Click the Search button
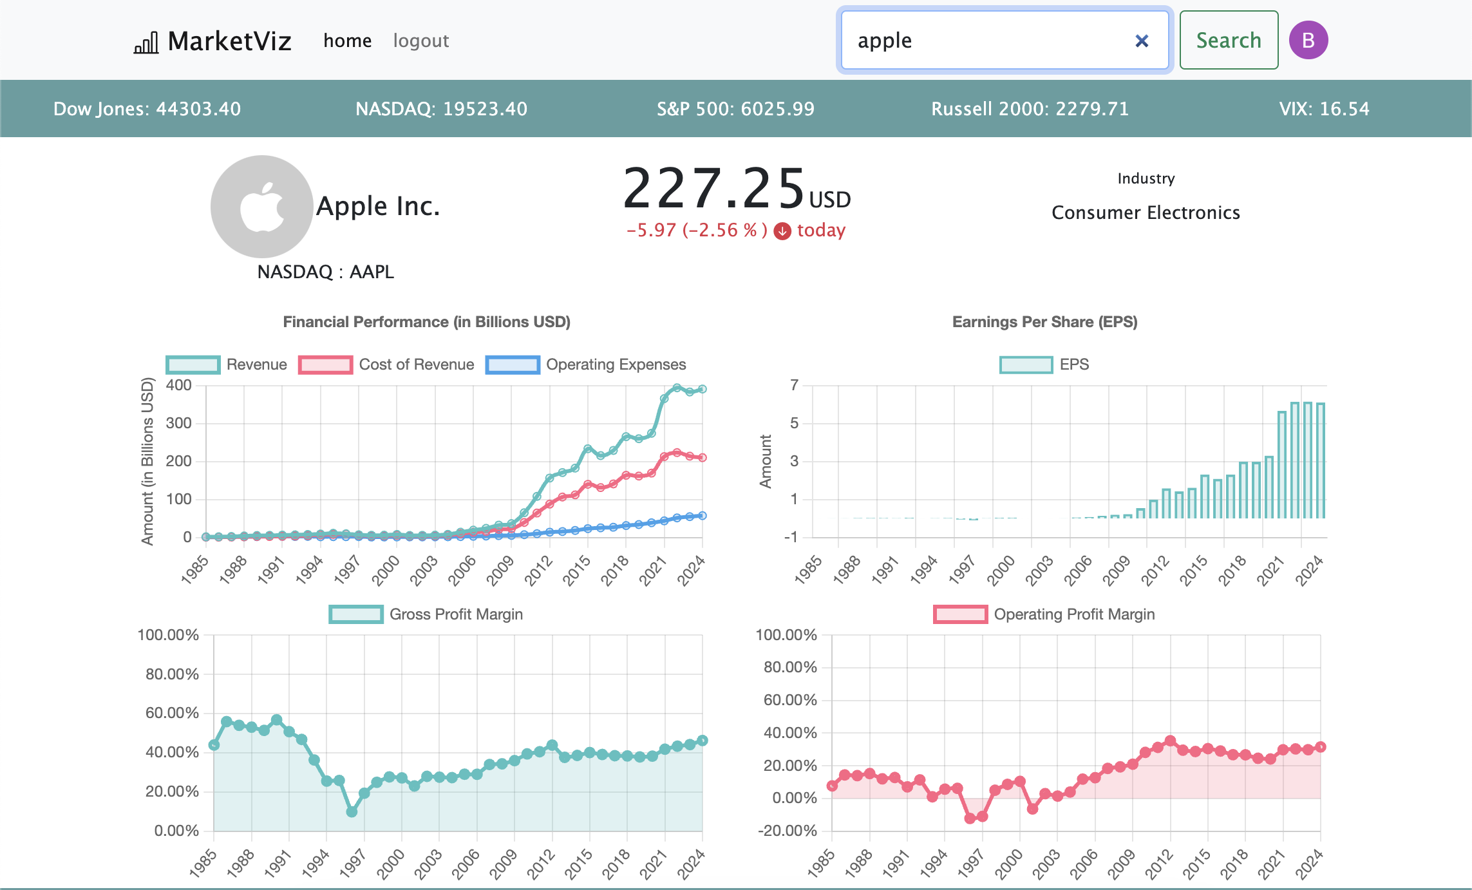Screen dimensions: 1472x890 coord(1229,40)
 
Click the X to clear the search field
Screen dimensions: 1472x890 coord(1142,41)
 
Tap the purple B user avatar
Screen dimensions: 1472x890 coord(1308,40)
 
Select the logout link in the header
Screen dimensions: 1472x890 coord(421,41)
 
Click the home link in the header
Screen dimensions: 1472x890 coord(348,41)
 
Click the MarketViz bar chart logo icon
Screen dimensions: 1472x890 coord(146,43)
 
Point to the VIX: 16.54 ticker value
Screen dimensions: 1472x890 coord(1325,109)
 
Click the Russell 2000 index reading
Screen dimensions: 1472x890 coord(1030,109)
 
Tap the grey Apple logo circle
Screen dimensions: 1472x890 coord(262,207)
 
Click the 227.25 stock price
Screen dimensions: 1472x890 coord(714,188)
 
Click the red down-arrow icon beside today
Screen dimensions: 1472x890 coord(782,231)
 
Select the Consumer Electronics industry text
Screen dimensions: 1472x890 coord(1146,213)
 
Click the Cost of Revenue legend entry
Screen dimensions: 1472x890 coord(386,365)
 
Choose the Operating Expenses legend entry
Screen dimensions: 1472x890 coord(586,365)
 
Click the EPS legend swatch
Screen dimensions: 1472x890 coord(1026,365)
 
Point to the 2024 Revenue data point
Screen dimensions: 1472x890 coord(703,389)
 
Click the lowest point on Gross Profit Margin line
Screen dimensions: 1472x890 coord(352,812)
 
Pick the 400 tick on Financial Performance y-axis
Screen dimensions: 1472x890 coord(179,385)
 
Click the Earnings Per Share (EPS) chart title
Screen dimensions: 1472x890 coord(1045,322)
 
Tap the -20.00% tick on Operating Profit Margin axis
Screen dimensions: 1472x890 coord(788,831)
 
